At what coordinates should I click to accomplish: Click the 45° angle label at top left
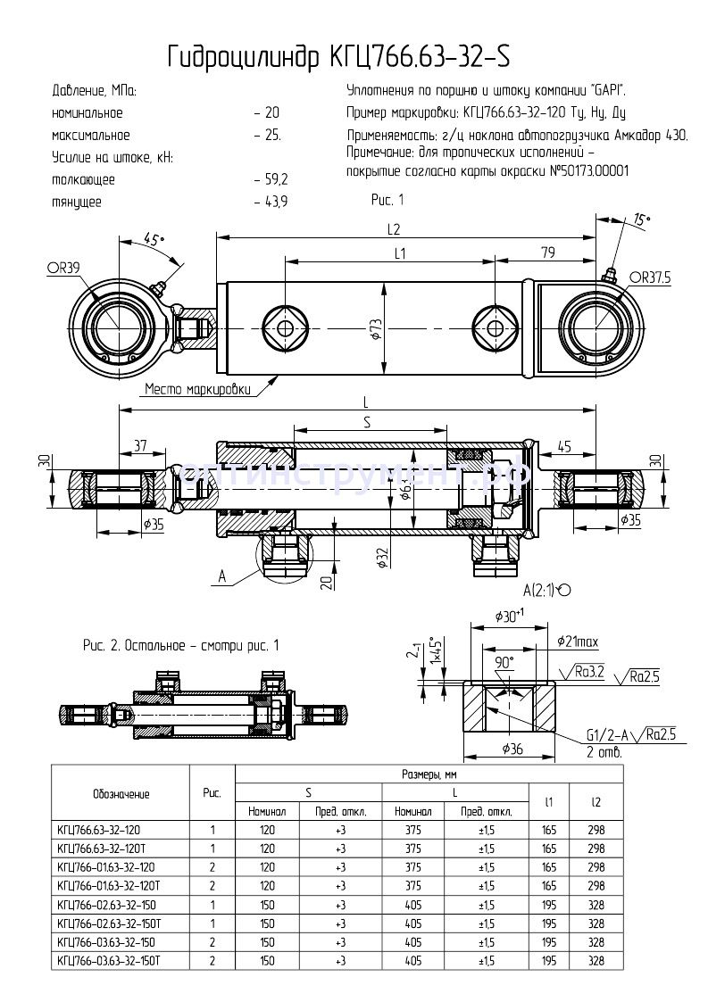click(x=154, y=241)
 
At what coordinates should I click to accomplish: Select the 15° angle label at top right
click(x=641, y=219)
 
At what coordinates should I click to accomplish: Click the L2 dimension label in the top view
click(x=394, y=228)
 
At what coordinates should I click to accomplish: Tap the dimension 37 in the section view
click(x=139, y=445)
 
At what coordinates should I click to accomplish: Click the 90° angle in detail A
click(x=505, y=662)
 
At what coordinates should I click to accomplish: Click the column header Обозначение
click(x=121, y=792)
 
